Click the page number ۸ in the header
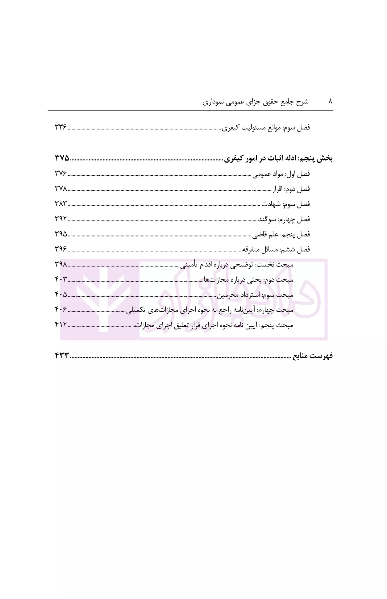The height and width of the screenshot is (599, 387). coord(330,102)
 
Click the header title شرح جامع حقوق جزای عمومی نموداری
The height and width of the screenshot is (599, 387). coord(256,102)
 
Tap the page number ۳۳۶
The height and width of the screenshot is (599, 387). coord(61,127)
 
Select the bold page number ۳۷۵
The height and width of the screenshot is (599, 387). coord(62,158)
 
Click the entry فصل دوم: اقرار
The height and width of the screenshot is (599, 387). coord(291,189)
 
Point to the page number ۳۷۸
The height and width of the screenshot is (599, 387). coord(61,188)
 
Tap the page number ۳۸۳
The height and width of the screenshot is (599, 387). coord(61,203)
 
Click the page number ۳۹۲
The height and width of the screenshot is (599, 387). coord(61,219)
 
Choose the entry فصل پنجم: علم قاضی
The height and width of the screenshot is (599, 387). coord(281,235)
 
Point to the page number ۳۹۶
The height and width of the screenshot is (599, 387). coord(61,249)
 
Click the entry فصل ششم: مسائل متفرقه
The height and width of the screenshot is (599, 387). coord(276,249)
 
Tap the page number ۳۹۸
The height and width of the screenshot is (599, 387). coord(61,264)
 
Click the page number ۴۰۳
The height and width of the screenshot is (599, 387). coord(61,279)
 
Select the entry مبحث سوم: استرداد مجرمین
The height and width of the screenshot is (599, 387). coord(255,295)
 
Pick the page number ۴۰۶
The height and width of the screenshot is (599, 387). coord(61,309)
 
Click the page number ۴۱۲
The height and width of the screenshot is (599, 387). coord(61,325)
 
